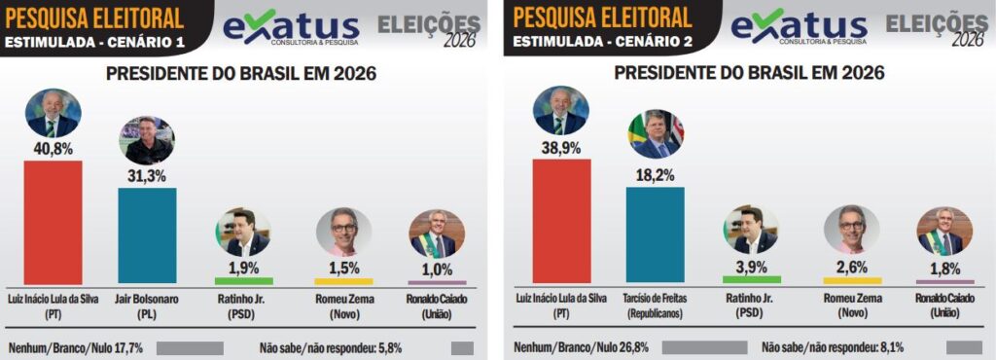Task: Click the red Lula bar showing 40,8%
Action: click(53, 222)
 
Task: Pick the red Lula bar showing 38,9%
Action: click(561, 221)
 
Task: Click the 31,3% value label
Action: click(147, 175)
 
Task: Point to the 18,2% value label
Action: click(655, 175)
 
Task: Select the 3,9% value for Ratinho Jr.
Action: click(751, 266)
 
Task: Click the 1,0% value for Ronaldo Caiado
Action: click(437, 269)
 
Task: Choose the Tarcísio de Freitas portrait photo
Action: click(656, 135)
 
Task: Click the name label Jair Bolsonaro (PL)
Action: click(147, 306)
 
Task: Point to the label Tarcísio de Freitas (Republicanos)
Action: click(655, 306)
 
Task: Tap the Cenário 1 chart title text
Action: click(240, 74)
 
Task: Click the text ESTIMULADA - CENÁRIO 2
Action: click(602, 41)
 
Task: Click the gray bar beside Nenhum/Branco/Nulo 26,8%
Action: click(704, 346)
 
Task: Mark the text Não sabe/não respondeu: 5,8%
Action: click(331, 346)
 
